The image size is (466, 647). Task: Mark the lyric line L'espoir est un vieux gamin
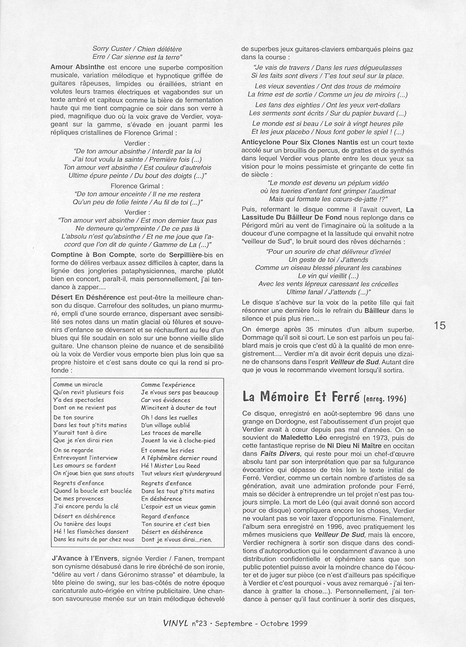click(178, 506)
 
